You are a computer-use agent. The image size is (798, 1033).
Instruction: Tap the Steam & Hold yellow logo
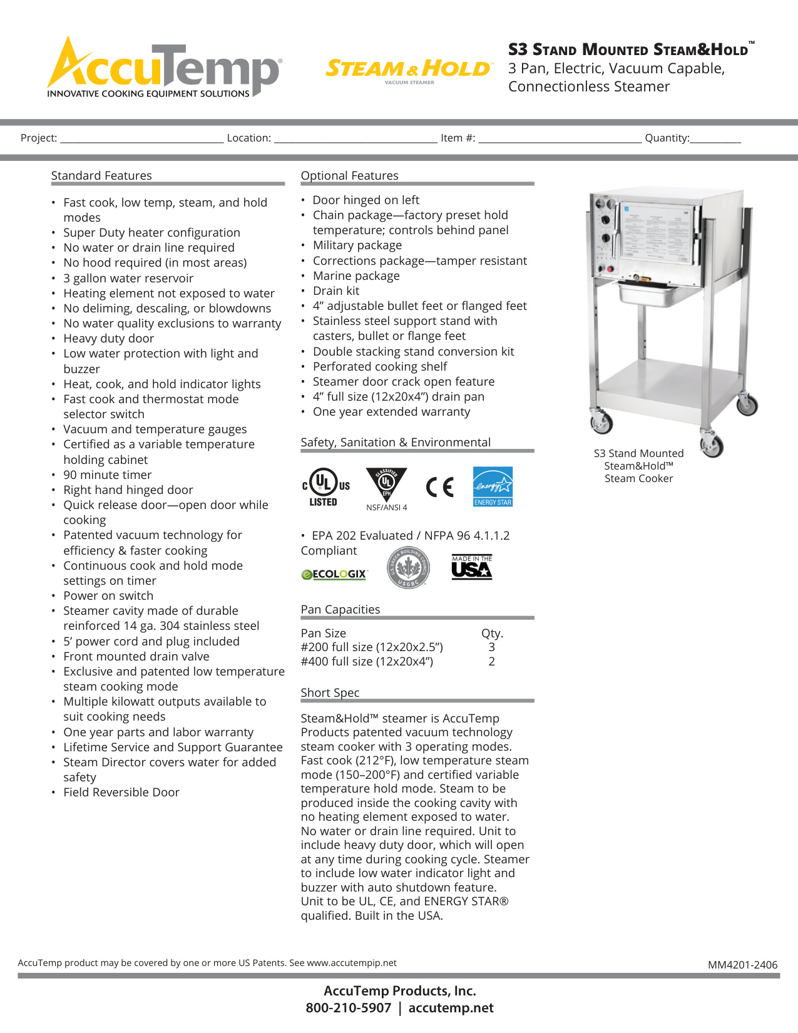pos(409,69)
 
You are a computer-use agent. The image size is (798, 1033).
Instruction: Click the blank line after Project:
pos(142,138)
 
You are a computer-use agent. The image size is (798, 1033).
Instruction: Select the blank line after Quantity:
pos(715,138)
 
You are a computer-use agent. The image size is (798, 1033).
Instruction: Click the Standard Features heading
pos(101,176)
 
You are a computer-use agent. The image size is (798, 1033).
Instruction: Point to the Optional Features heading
pos(349,176)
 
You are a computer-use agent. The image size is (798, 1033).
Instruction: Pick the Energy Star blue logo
pos(493,486)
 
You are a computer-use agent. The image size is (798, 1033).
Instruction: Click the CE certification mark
pos(439,486)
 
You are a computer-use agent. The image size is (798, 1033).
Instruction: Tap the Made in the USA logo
pos(472,567)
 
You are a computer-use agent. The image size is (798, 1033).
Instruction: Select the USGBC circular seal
pos(408,567)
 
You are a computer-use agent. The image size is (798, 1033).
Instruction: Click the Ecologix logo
pos(334,574)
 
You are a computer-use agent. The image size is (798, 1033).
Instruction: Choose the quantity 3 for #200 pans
pos(492,647)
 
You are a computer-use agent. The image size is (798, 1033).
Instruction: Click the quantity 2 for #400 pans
pos(492,662)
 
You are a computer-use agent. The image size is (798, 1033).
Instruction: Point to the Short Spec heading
pos(330,693)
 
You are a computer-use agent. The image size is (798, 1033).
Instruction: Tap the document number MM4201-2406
pos(742,965)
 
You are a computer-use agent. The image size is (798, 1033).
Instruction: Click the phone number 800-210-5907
pos(348,1008)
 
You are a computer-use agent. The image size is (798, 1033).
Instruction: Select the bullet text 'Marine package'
pos(356,276)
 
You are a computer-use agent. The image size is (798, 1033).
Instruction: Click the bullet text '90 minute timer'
pos(107,475)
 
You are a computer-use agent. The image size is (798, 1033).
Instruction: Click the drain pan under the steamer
pos(648,293)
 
